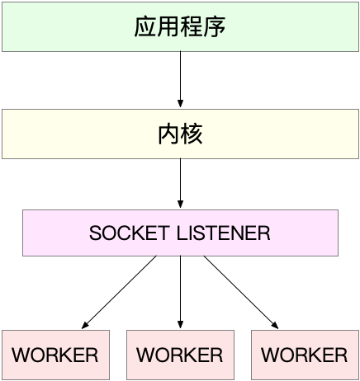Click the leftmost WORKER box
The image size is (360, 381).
(x=55, y=355)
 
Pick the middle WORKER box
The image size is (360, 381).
(x=180, y=355)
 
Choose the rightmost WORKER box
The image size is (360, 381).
(x=304, y=355)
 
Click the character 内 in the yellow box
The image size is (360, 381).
(x=168, y=134)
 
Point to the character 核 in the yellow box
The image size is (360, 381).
(x=192, y=134)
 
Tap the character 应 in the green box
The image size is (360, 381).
(x=145, y=26)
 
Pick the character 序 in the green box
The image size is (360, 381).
(x=215, y=26)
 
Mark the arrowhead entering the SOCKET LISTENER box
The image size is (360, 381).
(x=180, y=204)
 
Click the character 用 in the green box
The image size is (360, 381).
(x=168, y=26)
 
